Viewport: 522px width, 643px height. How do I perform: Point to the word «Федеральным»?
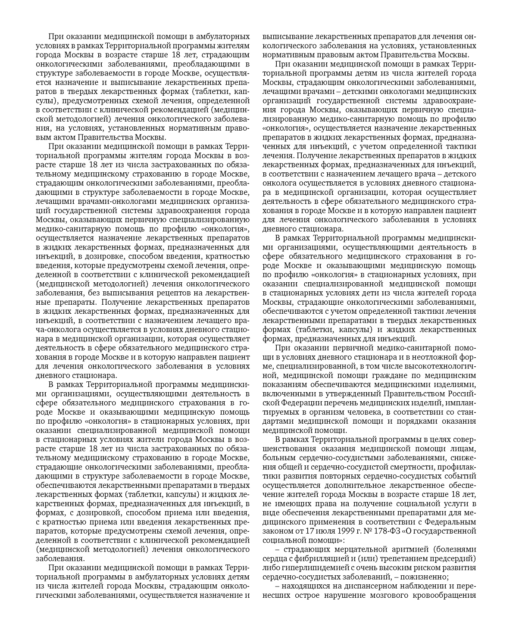coord(451,521)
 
